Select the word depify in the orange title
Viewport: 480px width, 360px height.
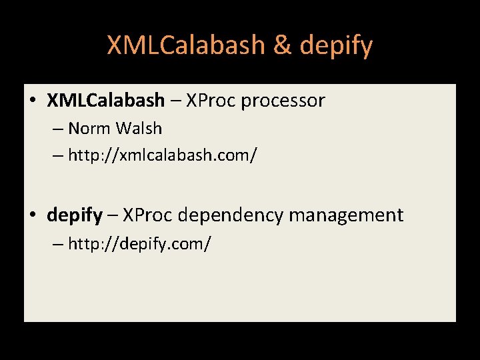pyautogui.click(x=336, y=45)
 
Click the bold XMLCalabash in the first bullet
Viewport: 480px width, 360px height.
pyautogui.click(x=105, y=101)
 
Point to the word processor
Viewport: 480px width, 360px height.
pyautogui.click(x=283, y=101)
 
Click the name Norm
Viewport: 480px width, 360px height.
pyautogui.click(x=89, y=128)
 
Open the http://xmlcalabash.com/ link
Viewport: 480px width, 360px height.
pyautogui.click(x=162, y=155)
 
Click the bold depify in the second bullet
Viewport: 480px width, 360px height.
pyautogui.click(x=75, y=215)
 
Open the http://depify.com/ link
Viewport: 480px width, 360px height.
pyautogui.click(x=139, y=243)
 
